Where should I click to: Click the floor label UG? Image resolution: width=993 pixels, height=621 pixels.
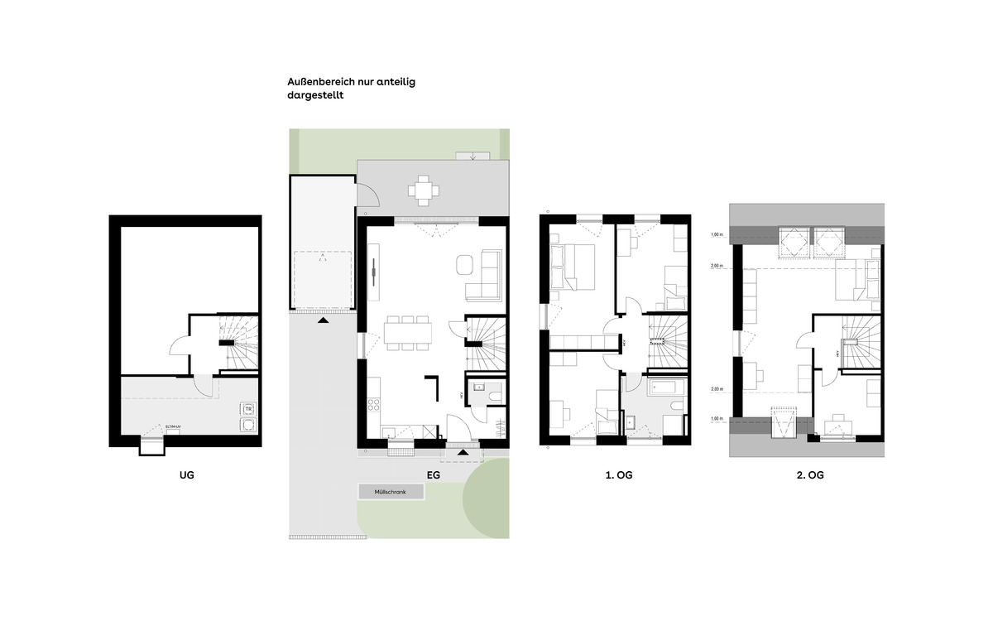point(186,475)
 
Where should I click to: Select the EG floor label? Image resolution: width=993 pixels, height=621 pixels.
point(433,475)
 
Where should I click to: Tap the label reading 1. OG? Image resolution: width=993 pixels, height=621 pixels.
point(618,475)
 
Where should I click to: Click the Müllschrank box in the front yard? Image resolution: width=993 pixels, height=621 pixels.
point(391,492)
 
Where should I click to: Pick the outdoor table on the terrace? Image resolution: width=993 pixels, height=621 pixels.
point(424,190)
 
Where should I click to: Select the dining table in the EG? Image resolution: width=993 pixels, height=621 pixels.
point(407,332)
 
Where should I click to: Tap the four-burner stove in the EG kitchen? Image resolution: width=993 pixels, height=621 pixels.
point(373,406)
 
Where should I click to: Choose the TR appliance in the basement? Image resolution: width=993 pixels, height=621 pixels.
point(247,408)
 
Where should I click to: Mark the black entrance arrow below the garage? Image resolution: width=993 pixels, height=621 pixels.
point(323,319)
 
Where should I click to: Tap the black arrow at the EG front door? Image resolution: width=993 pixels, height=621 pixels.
point(463,451)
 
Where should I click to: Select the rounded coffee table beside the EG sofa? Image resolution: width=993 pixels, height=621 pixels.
point(463,266)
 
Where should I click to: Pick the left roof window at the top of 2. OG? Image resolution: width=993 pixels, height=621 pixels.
point(794,242)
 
